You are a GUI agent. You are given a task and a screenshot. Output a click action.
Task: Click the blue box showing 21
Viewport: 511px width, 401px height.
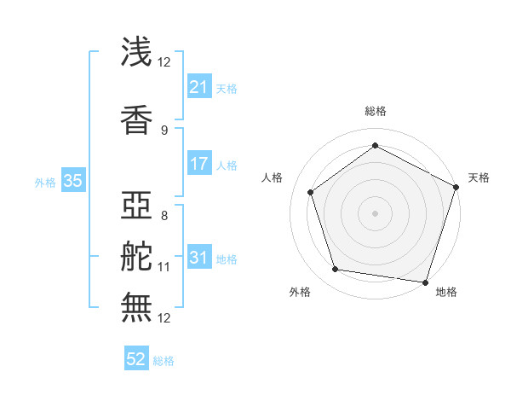coord(199,87)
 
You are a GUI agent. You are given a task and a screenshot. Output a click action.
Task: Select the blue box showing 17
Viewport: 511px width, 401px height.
coord(199,165)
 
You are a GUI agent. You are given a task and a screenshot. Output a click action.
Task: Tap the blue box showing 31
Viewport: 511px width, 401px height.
coord(199,259)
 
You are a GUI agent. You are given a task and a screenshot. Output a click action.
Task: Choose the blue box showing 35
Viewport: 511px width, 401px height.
coord(72,181)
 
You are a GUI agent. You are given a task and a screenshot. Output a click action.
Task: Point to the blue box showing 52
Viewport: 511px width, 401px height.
coord(136,360)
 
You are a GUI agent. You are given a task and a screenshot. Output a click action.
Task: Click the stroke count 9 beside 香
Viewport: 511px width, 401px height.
coord(164,130)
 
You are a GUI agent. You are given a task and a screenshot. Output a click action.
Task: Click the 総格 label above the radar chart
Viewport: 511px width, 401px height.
coord(376,111)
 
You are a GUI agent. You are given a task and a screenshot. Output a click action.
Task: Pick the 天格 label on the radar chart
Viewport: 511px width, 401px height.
coord(479,177)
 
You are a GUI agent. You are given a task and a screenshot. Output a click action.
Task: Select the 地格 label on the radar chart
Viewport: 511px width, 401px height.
coord(446,292)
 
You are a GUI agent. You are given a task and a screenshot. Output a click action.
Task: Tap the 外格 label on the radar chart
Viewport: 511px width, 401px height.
coord(300,292)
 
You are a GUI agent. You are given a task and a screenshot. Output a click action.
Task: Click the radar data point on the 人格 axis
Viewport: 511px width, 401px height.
coord(311,192)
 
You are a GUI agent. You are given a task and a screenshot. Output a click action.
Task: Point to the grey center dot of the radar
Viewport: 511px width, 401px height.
coord(376,212)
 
